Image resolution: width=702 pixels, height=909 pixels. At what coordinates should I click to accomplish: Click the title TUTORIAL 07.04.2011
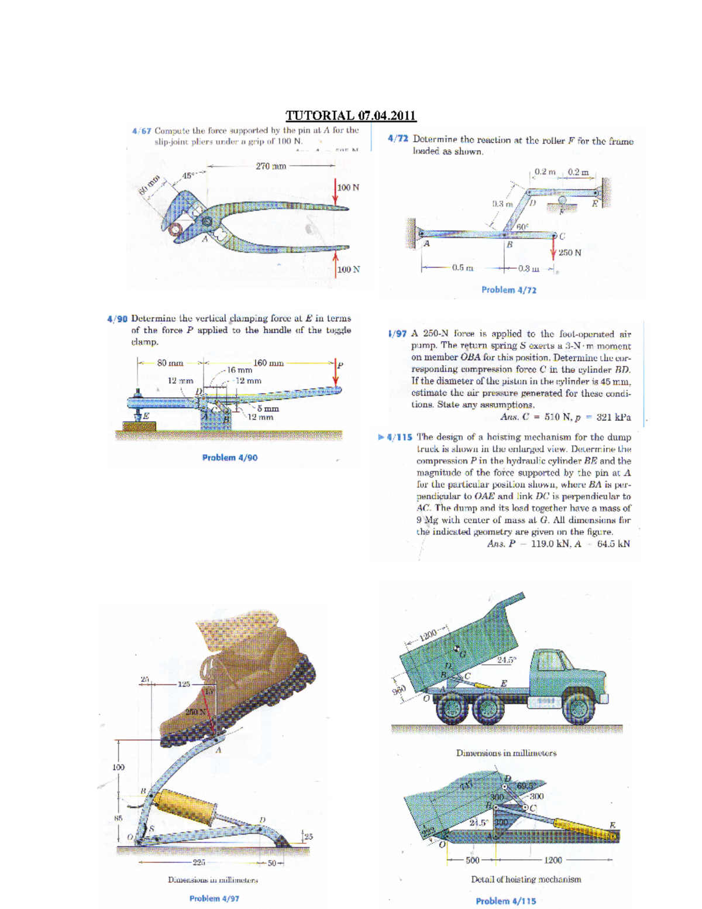click(x=350, y=115)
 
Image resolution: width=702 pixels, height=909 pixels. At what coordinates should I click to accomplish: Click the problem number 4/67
click(x=141, y=131)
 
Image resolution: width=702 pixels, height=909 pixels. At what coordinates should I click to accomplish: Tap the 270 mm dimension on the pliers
click(x=271, y=166)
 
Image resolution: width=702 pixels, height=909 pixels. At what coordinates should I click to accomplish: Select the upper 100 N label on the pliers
click(x=349, y=188)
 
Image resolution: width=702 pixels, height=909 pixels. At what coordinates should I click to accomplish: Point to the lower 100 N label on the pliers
click(x=349, y=270)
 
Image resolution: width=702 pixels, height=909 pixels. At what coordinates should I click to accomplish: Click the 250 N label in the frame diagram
click(x=570, y=253)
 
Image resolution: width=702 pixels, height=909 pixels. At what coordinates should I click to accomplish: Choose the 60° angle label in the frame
click(x=522, y=226)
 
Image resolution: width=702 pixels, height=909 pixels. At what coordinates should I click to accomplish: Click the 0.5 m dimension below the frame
click(x=462, y=268)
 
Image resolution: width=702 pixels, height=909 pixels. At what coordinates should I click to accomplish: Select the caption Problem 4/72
click(x=508, y=290)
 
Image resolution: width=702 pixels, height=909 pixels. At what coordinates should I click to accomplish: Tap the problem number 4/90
click(x=117, y=319)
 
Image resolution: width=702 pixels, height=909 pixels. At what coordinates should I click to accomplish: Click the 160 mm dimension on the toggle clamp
click(x=268, y=363)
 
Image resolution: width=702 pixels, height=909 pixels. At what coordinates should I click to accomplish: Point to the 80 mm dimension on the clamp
click(x=170, y=363)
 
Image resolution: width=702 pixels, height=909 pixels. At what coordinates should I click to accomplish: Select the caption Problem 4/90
click(x=229, y=458)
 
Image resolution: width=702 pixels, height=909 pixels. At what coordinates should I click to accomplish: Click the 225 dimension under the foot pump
click(x=199, y=862)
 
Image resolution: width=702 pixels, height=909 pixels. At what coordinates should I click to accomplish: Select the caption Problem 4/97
click(x=214, y=898)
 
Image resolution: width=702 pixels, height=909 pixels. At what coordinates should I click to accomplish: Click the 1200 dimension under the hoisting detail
click(x=553, y=860)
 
